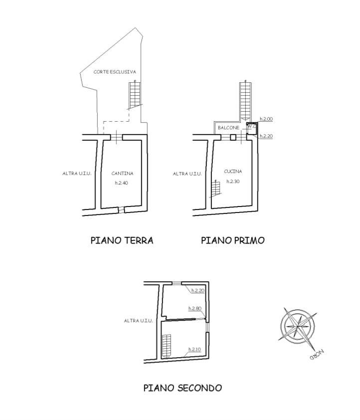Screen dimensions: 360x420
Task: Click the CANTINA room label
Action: tap(122, 173)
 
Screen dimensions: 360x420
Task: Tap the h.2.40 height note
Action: tap(122, 183)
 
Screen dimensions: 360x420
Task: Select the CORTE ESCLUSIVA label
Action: tap(115, 72)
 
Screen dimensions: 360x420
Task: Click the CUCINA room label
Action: tap(233, 171)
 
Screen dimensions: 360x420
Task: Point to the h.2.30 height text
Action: tap(233, 182)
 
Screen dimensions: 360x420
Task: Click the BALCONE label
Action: tap(228, 128)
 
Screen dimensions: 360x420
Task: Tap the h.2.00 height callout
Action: tap(266, 119)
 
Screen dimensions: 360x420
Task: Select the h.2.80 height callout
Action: tap(195, 308)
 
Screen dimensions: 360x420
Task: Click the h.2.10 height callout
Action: tap(194, 349)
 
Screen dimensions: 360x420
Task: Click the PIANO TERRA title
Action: tap(122, 240)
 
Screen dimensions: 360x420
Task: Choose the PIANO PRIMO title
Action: tap(233, 240)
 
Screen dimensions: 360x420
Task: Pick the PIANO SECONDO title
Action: tap(183, 388)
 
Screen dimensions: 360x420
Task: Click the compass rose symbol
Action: tap(298, 326)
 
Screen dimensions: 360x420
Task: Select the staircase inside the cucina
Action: tap(215, 189)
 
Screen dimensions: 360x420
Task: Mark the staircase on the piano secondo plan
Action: tap(166, 346)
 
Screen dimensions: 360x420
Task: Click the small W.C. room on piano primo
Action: tap(252, 128)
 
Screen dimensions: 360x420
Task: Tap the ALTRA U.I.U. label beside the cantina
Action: tap(77, 173)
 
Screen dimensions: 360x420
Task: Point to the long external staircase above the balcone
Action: tap(245, 101)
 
